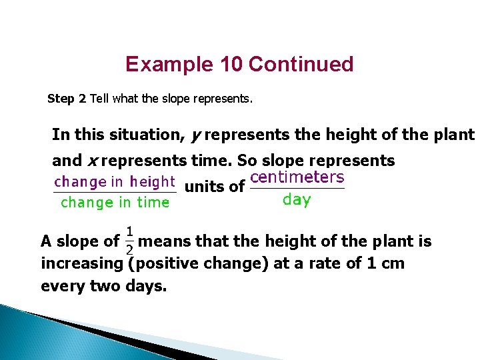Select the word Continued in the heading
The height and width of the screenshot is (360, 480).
pos(301,65)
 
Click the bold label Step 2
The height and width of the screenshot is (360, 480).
pos(67,99)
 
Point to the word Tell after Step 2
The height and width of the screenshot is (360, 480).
pos(99,99)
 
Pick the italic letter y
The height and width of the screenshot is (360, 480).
pos(195,135)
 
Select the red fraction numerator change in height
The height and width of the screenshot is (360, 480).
pos(114,181)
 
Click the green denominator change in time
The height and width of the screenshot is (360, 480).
pos(115,203)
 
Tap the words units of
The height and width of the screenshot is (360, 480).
pos(214,187)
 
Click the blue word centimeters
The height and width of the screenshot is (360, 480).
pos(297,177)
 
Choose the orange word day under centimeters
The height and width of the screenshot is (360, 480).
pos(297,199)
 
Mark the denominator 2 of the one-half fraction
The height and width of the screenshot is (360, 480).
pos(129,249)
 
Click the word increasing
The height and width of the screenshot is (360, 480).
pos(81,263)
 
